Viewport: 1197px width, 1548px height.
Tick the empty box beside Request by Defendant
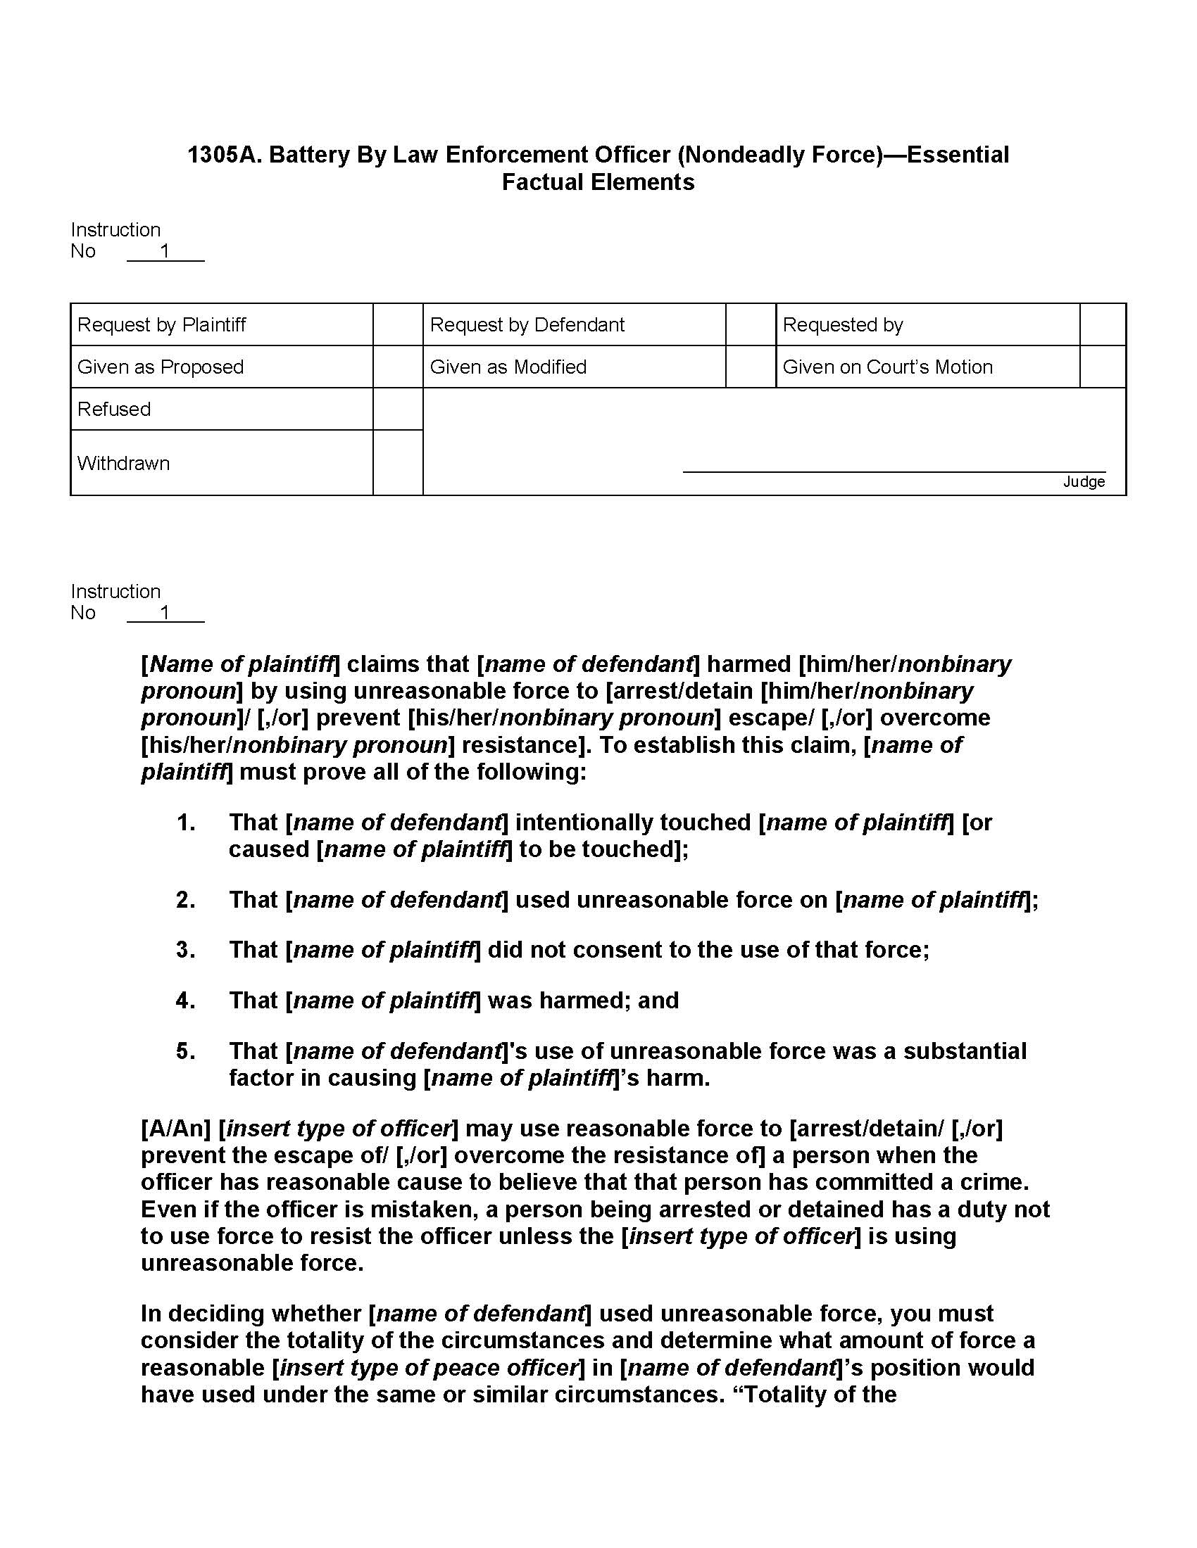pyautogui.click(x=751, y=324)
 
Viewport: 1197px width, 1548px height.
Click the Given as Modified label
pyautogui.click(x=508, y=367)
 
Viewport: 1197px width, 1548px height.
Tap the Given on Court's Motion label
pyautogui.click(x=887, y=367)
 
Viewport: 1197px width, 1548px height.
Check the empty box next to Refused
pyautogui.click(x=398, y=409)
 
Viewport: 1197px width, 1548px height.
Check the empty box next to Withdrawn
pyautogui.click(x=398, y=463)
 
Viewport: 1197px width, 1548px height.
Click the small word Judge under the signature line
pyautogui.click(x=1084, y=482)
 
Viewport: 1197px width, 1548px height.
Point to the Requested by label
pyautogui.click(x=842, y=324)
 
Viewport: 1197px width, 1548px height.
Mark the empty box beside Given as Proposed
pyautogui.click(x=398, y=367)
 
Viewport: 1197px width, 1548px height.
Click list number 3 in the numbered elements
pyautogui.click(x=186, y=950)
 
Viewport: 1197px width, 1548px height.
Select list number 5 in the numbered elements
pyautogui.click(x=186, y=1051)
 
